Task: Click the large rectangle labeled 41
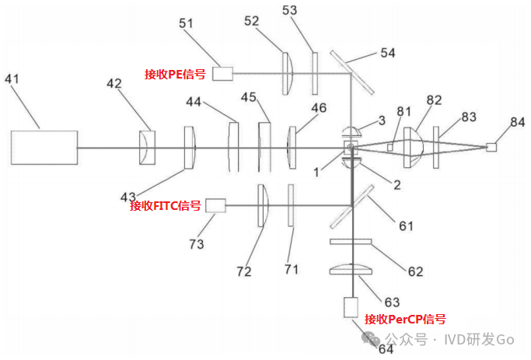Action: click(x=44, y=147)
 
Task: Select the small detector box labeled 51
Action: click(x=223, y=73)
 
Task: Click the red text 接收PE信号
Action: click(x=175, y=74)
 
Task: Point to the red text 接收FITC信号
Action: click(x=166, y=206)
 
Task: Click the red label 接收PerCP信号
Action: click(x=405, y=319)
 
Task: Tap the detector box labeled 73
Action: click(x=215, y=205)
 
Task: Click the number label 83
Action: click(x=469, y=117)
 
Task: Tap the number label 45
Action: click(x=249, y=97)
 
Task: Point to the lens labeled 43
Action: click(x=189, y=147)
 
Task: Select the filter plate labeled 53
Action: click(x=315, y=73)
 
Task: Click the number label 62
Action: click(x=415, y=272)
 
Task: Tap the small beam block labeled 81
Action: click(x=393, y=147)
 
